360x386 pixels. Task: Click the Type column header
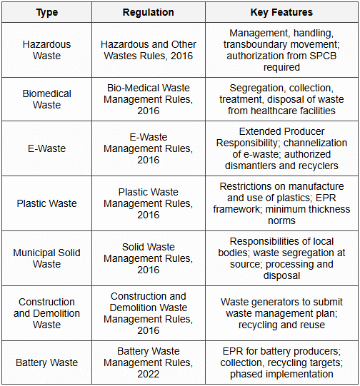(46, 12)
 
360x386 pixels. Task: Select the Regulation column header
(148, 12)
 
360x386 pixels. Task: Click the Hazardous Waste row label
(46, 50)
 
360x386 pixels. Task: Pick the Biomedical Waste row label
(46, 99)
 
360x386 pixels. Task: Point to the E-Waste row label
(46, 148)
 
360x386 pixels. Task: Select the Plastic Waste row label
(46, 203)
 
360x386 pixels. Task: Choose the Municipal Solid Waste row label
(46, 258)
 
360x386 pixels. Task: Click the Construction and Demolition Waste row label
(46, 313)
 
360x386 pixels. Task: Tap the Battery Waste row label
(46, 362)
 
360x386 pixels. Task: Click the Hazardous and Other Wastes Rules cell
(148, 50)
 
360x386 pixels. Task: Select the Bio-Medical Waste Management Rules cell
(148, 99)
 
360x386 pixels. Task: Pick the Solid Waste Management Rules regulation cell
(148, 258)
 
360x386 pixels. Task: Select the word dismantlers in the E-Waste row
(254, 166)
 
